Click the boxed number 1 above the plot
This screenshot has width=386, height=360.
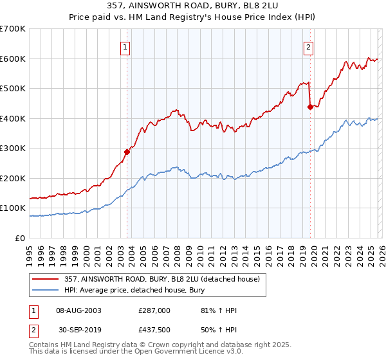[x=124, y=46]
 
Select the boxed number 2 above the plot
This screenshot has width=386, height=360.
[x=309, y=46]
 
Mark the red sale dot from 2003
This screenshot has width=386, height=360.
[x=127, y=152]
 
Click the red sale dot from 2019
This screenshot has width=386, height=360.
[x=310, y=107]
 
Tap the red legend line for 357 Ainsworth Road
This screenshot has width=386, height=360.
[x=47, y=279]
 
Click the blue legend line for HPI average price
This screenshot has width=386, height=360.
[x=47, y=290]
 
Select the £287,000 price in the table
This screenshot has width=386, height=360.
[x=154, y=310]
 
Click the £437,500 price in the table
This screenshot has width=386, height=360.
[x=154, y=330]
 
